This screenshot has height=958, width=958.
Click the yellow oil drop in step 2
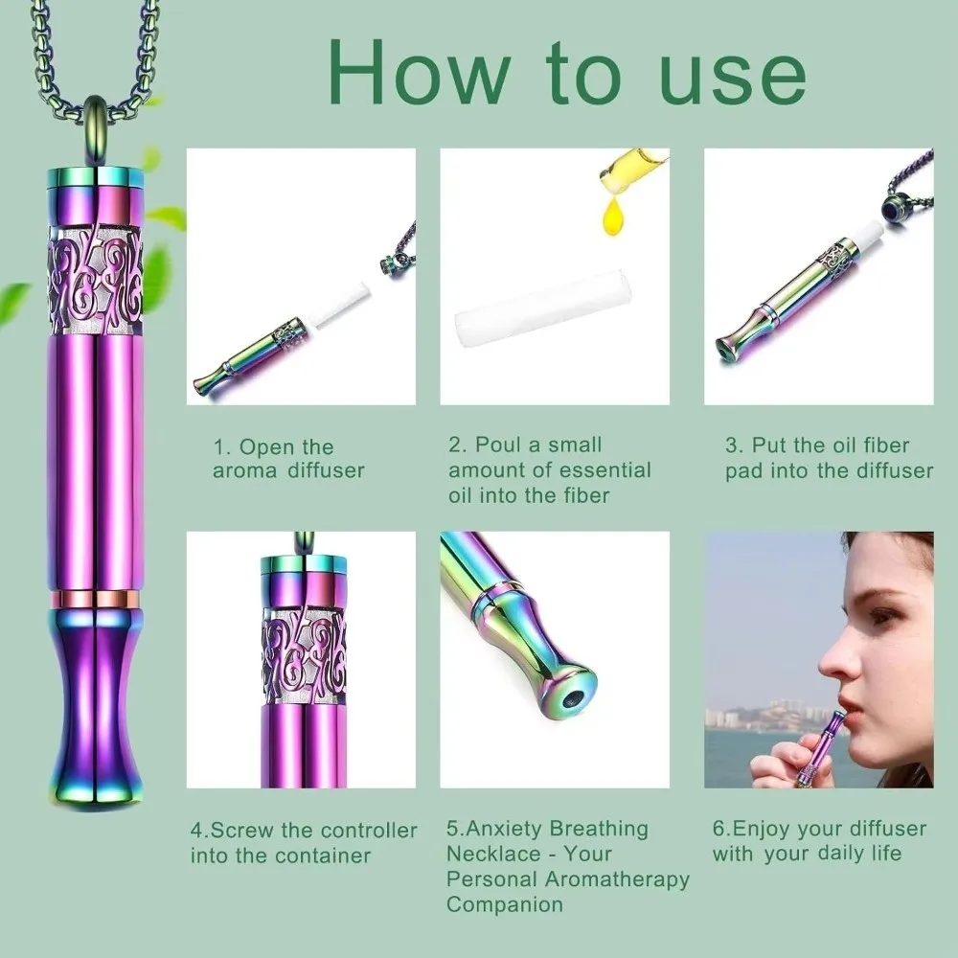[x=614, y=219]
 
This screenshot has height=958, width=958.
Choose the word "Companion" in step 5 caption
[x=505, y=903]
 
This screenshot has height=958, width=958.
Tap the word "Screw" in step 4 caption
[x=250, y=831]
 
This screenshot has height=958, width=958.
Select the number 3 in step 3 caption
[x=732, y=445]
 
